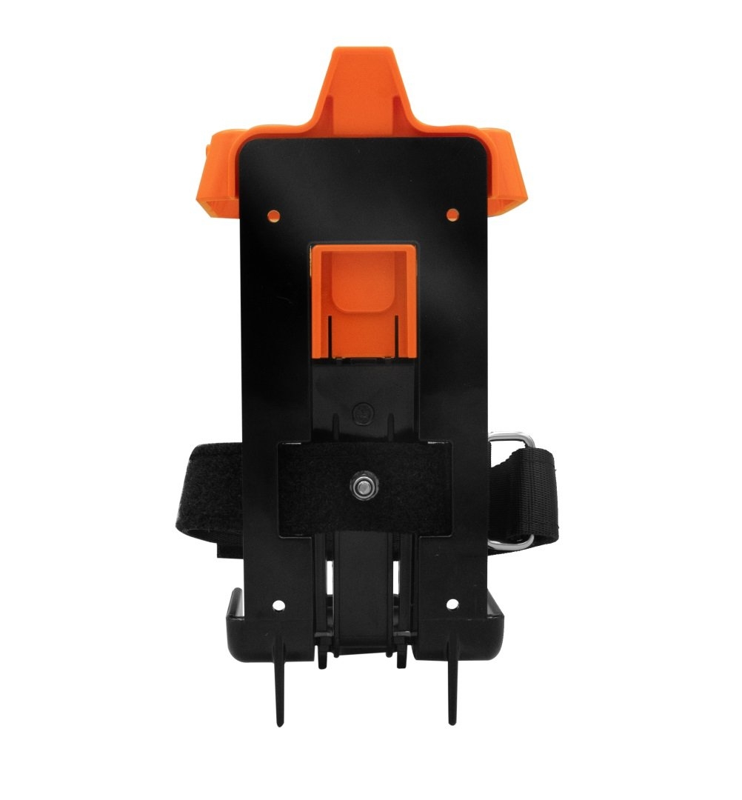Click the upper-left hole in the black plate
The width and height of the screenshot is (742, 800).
274,216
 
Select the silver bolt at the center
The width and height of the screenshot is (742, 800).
364,486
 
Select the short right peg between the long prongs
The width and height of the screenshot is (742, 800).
404,656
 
